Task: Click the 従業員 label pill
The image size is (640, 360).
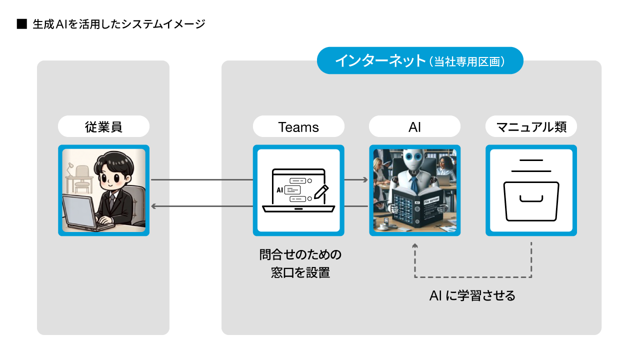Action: point(103,126)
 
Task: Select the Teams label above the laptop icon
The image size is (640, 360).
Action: point(298,126)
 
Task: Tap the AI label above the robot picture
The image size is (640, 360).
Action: point(414,126)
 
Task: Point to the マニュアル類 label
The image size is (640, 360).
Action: point(531,126)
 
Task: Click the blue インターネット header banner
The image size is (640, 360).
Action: point(420,60)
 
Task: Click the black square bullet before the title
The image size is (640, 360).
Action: point(21,24)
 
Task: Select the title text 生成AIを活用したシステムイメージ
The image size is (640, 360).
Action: point(119,24)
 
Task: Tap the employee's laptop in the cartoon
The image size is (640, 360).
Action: point(80,212)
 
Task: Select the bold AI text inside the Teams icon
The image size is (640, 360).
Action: point(279,190)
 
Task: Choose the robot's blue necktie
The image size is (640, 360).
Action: point(413,185)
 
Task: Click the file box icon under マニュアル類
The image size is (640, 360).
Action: point(531,200)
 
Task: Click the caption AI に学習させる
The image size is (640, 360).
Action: point(472,295)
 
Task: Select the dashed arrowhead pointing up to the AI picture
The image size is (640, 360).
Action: point(414,245)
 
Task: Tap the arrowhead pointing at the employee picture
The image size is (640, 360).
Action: point(154,206)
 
